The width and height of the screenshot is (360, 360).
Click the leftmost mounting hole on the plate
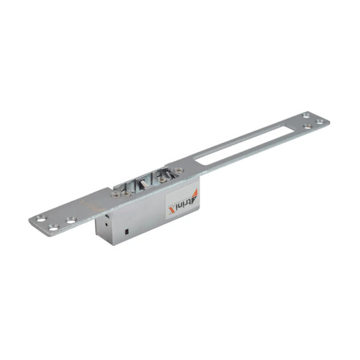click(x=40, y=218)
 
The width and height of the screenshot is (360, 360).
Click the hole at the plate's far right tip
click(x=319, y=121)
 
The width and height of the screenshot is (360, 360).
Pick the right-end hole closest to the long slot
click(x=307, y=127)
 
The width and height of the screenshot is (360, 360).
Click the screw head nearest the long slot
click(x=178, y=170)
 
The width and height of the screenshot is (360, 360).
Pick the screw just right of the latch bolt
click(x=162, y=178)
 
